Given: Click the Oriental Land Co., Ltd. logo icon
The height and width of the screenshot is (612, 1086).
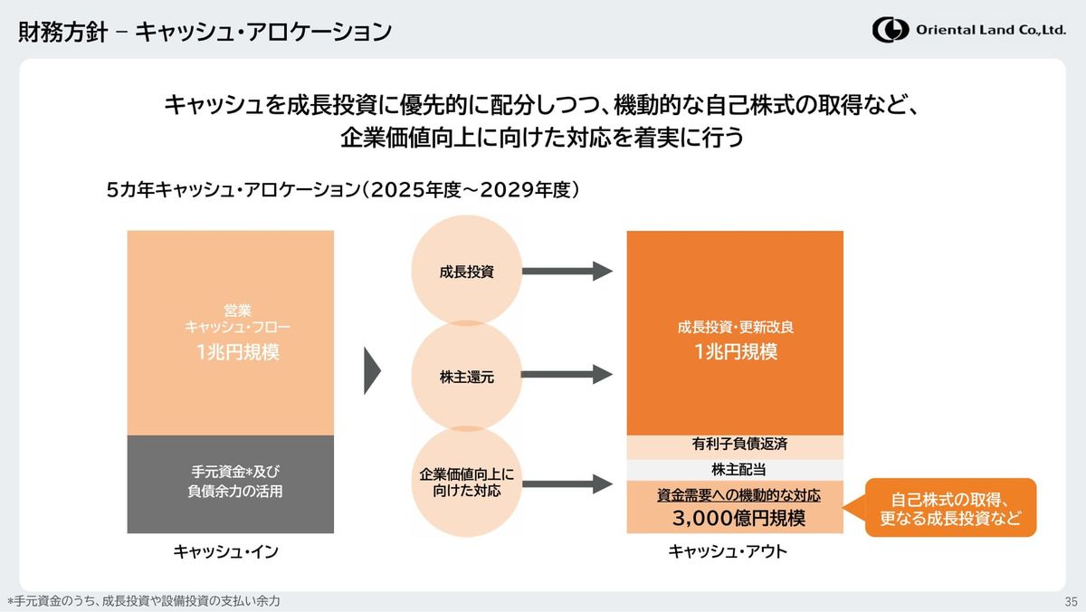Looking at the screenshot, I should pos(891,30).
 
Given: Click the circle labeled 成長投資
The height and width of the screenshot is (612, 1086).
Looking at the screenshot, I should pos(466,271).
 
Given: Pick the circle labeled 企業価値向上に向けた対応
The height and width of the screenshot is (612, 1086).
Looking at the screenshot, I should pos(466,483).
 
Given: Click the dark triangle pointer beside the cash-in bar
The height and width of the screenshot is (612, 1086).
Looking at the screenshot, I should pos(372,370).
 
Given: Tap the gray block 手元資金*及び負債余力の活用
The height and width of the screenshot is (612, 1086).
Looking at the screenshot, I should pos(231,482).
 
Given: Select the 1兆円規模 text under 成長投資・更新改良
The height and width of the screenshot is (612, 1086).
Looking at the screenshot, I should pos(736,352).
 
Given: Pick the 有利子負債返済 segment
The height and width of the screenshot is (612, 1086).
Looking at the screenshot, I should pos(735,445).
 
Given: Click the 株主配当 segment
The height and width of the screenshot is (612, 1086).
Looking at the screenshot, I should pos(735,470).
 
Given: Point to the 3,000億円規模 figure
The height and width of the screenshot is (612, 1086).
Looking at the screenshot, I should pos(738,519).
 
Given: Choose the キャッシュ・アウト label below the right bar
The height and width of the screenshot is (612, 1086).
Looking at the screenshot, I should pos(728,551).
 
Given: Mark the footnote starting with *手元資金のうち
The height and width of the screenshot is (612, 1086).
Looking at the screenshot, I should pos(144,601).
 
